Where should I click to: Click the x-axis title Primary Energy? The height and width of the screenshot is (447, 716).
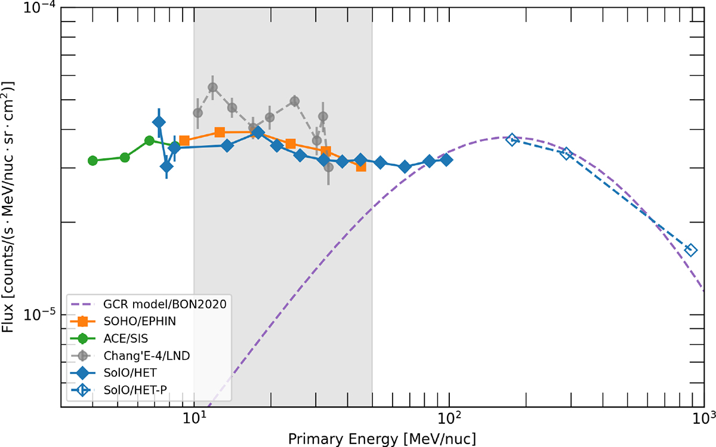click(x=382, y=439)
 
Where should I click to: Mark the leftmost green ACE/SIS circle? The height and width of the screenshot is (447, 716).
click(x=92, y=161)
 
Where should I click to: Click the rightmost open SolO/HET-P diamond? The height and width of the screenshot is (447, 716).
click(x=691, y=250)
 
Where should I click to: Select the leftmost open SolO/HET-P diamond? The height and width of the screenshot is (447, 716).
click(x=512, y=139)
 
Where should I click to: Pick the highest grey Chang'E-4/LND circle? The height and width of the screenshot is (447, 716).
click(x=212, y=88)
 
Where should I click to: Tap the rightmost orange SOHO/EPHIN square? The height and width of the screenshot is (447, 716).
click(x=361, y=167)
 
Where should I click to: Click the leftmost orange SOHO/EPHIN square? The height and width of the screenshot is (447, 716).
click(x=184, y=141)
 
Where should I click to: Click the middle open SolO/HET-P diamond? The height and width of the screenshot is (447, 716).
click(x=567, y=153)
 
